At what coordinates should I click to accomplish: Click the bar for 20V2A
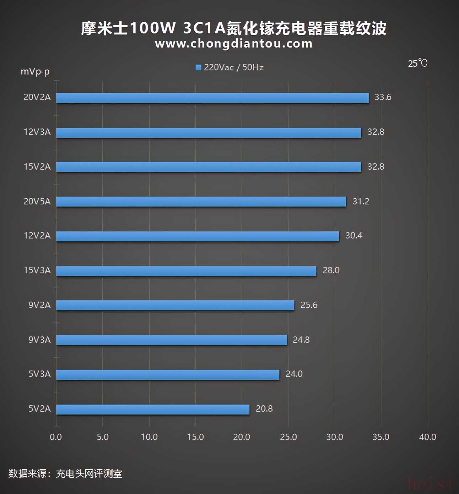(212, 98)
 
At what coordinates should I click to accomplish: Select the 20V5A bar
(201, 202)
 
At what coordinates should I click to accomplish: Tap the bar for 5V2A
(153, 410)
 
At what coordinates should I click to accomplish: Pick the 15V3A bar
(186, 271)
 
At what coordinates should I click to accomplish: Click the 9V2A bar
(175, 305)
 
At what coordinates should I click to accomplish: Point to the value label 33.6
(383, 97)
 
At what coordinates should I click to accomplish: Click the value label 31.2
(361, 202)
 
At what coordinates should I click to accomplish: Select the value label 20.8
(264, 409)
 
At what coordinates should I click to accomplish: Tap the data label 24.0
(294, 374)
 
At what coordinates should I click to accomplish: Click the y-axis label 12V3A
(37, 132)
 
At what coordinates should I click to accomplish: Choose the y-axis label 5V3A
(39, 374)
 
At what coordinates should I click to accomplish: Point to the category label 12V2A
(37, 236)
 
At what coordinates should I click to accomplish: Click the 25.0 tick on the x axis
(288, 437)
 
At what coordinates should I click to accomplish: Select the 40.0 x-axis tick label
(427, 437)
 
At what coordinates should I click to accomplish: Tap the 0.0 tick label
(56, 437)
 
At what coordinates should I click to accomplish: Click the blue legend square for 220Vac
(199, 67)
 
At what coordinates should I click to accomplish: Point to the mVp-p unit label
(35, 71)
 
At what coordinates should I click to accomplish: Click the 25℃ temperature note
(417, 64)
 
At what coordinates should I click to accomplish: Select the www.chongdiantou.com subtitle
(234, 44)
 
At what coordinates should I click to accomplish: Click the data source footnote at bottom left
(65, 474)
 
